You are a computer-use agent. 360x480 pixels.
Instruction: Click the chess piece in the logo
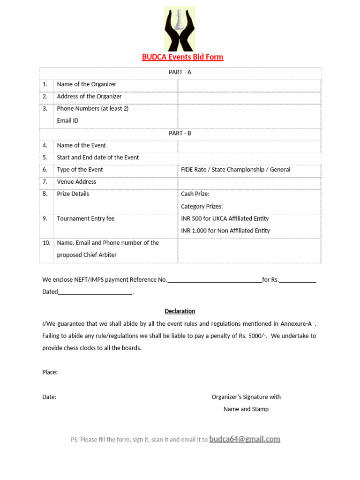pyautogui.click(x=180, y=21)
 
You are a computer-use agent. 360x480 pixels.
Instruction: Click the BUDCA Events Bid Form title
pyautogui.click(x=182, y=57)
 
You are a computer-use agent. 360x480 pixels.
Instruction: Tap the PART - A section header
pyautogui.click(x=180, y=72)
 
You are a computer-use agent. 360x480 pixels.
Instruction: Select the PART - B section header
pyautogui.click(x=180, y=133)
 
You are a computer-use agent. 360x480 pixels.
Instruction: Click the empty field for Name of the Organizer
pyautogui.click(x=249, y=84)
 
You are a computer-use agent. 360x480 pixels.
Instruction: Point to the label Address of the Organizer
pyautogui.click(x=89, y=97)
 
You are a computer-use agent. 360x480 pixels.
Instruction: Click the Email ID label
pyautogui.click(x=67, y=121)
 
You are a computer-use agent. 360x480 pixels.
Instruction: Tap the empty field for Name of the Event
pyautogui.click(x=249, y=145)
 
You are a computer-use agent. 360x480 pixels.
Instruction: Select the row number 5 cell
pyautogui.click(x=45, y=157)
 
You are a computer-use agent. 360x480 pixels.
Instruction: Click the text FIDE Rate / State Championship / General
pyautogui.click(x=235, y=170)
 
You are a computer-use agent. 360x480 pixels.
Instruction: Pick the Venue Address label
pyautogui.click(x=76, y=182)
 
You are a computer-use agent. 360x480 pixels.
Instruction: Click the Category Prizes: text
pyautogui.click(x=202, y=206)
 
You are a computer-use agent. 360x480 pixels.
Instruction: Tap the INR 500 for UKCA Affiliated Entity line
pyautogui.click(x=225, y=218)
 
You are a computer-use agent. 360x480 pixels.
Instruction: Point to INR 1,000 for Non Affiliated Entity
pyautogui.click(x=225, y=231)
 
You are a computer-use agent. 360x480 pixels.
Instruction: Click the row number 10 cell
pyautogui.click(x=46, y=243)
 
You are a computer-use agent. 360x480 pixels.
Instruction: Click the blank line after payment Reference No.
pyautogui.click(x=214, y=280)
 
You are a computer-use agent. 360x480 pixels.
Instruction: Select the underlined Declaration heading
pyautogui.click(x=180, y=311)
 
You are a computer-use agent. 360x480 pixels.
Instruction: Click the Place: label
pyautogui.click(x=50, y=372)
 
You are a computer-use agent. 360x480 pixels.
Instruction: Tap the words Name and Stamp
pyautogui.click(x=246, y=409)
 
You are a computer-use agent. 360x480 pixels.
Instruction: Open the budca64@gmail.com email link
pyautogui.click(x=245, y=439)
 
